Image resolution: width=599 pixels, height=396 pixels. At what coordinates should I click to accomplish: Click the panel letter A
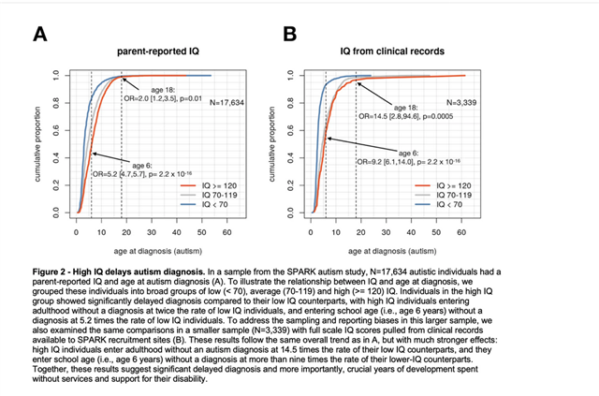coord(41,35)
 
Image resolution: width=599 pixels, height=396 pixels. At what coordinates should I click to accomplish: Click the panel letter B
coord(291,35)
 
